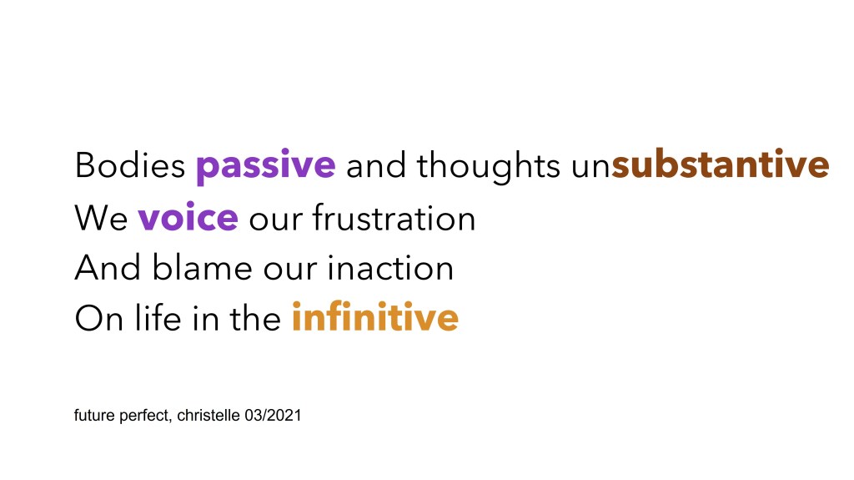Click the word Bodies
coord(129,164)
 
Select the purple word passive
coord(266,166)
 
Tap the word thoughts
coord(489,166)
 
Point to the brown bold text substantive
coord(721,164)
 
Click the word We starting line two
coord(101,219)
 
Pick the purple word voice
coord(188,217)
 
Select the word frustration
coord(394,217)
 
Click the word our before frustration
coord(275,221)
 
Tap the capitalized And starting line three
coord(108,267)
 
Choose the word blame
coord(202,267)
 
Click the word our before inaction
coord(289,270)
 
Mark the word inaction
coord(390,267)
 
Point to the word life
coord(158,316)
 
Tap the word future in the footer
coord(94,415)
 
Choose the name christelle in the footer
coord(208,415)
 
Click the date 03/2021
coord(273,415)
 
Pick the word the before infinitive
coord(255,317)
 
